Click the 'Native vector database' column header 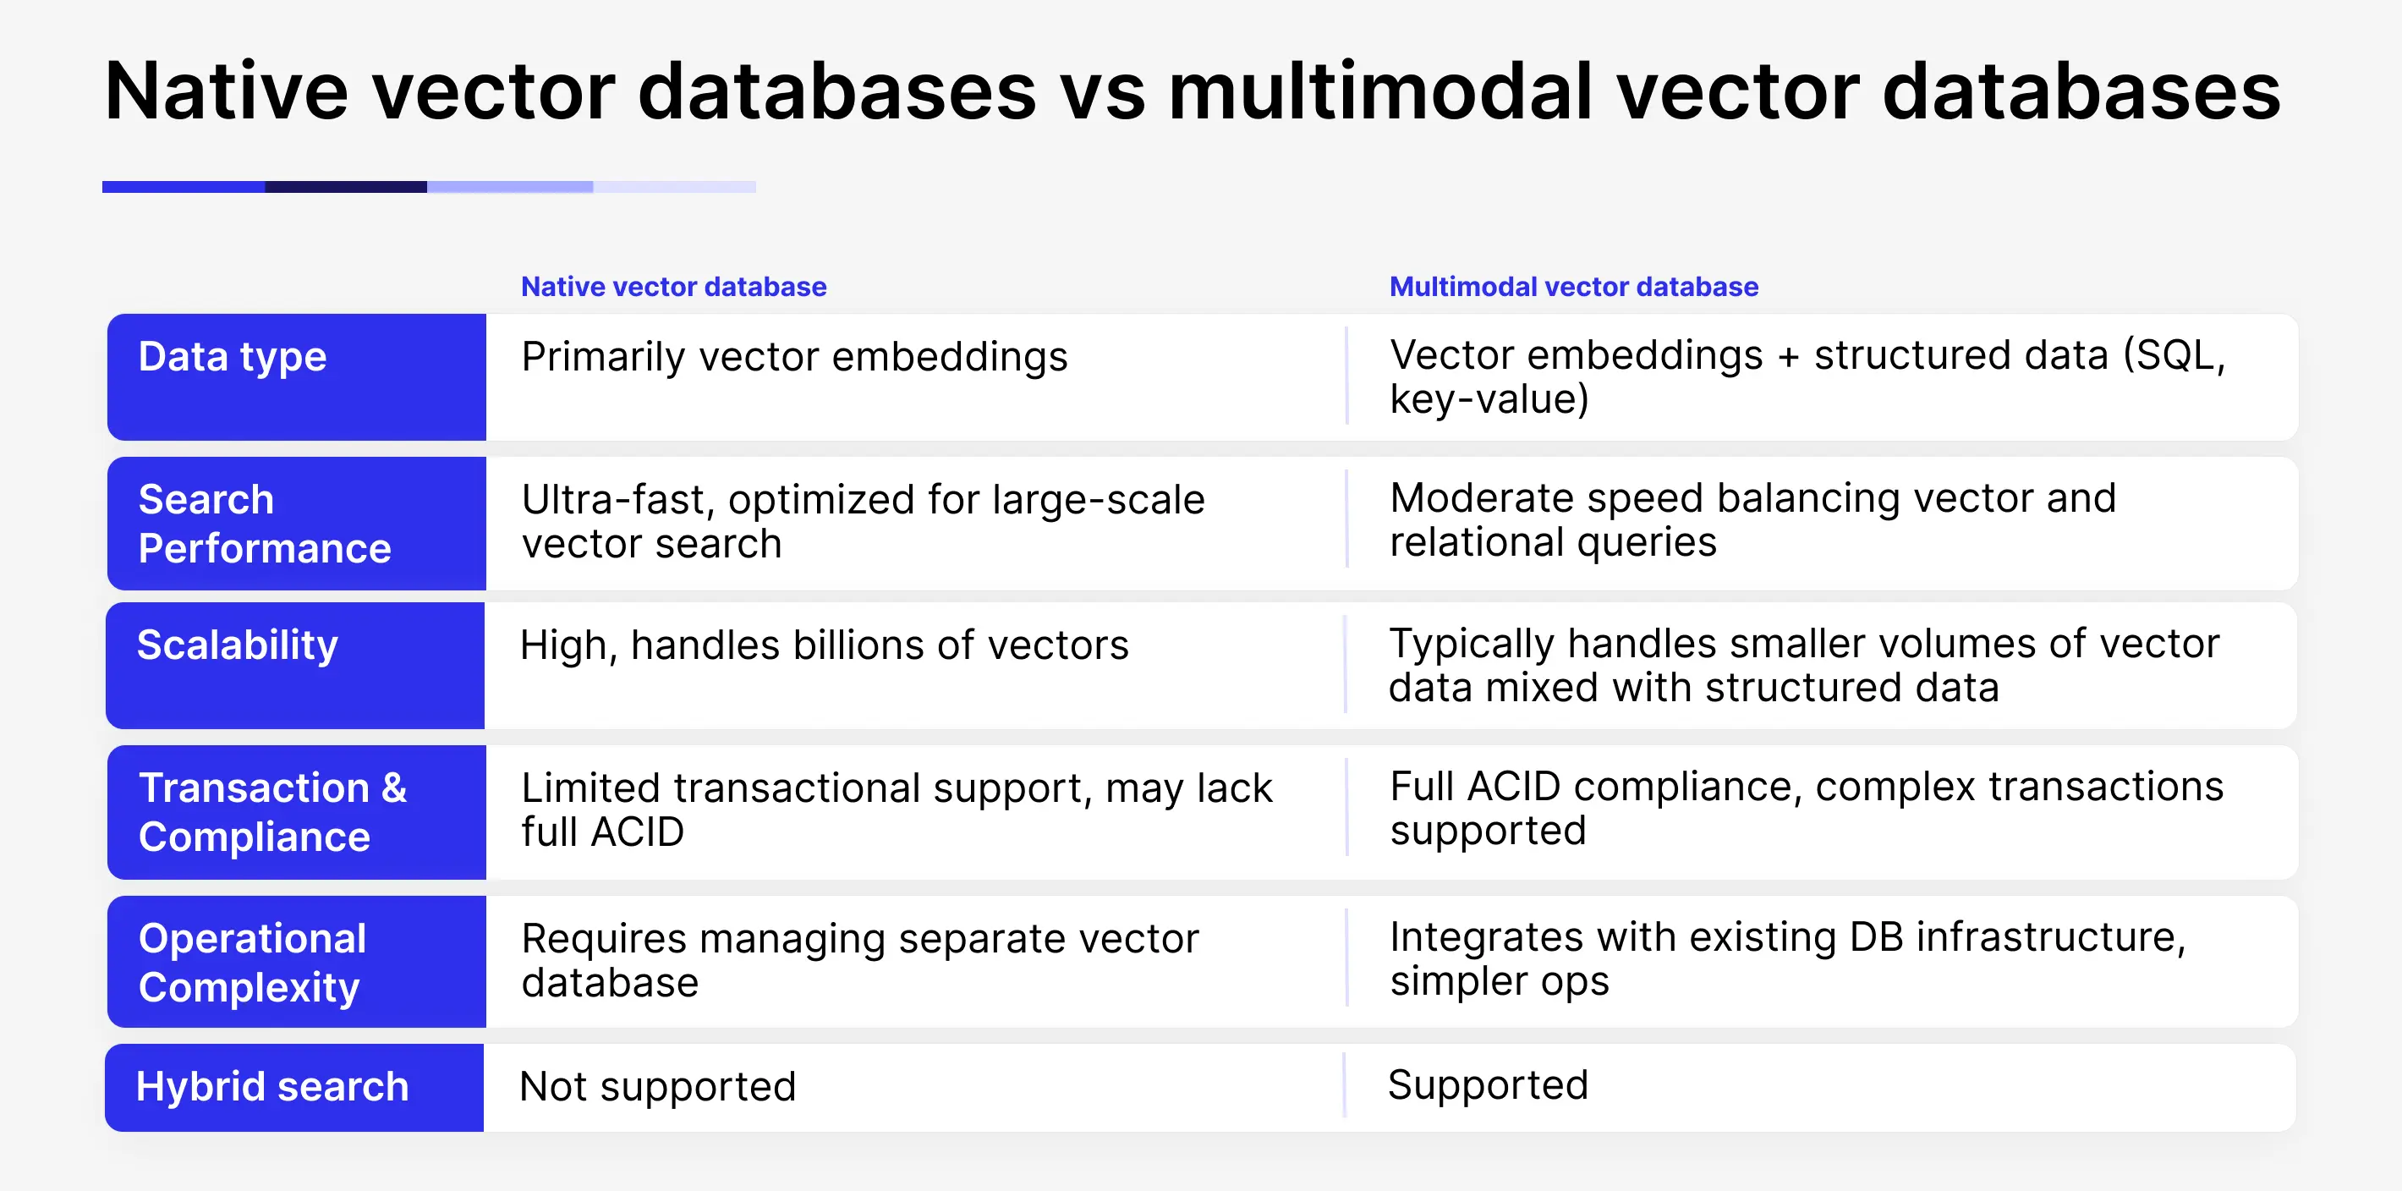coord(673,286)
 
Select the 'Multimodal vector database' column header coord(1574,286)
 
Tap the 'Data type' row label coord(233,357)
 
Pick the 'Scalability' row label coord(238,645)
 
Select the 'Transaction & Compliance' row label coord(272,811)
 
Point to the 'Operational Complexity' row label coord(253,963)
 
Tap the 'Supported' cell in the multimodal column coord(1489,1084)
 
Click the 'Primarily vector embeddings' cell coord(794,357)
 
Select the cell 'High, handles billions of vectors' coord(825,645)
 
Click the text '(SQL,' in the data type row coord(2174,356)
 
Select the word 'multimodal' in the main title coord(1380,91)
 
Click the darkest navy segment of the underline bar coord(346,187)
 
